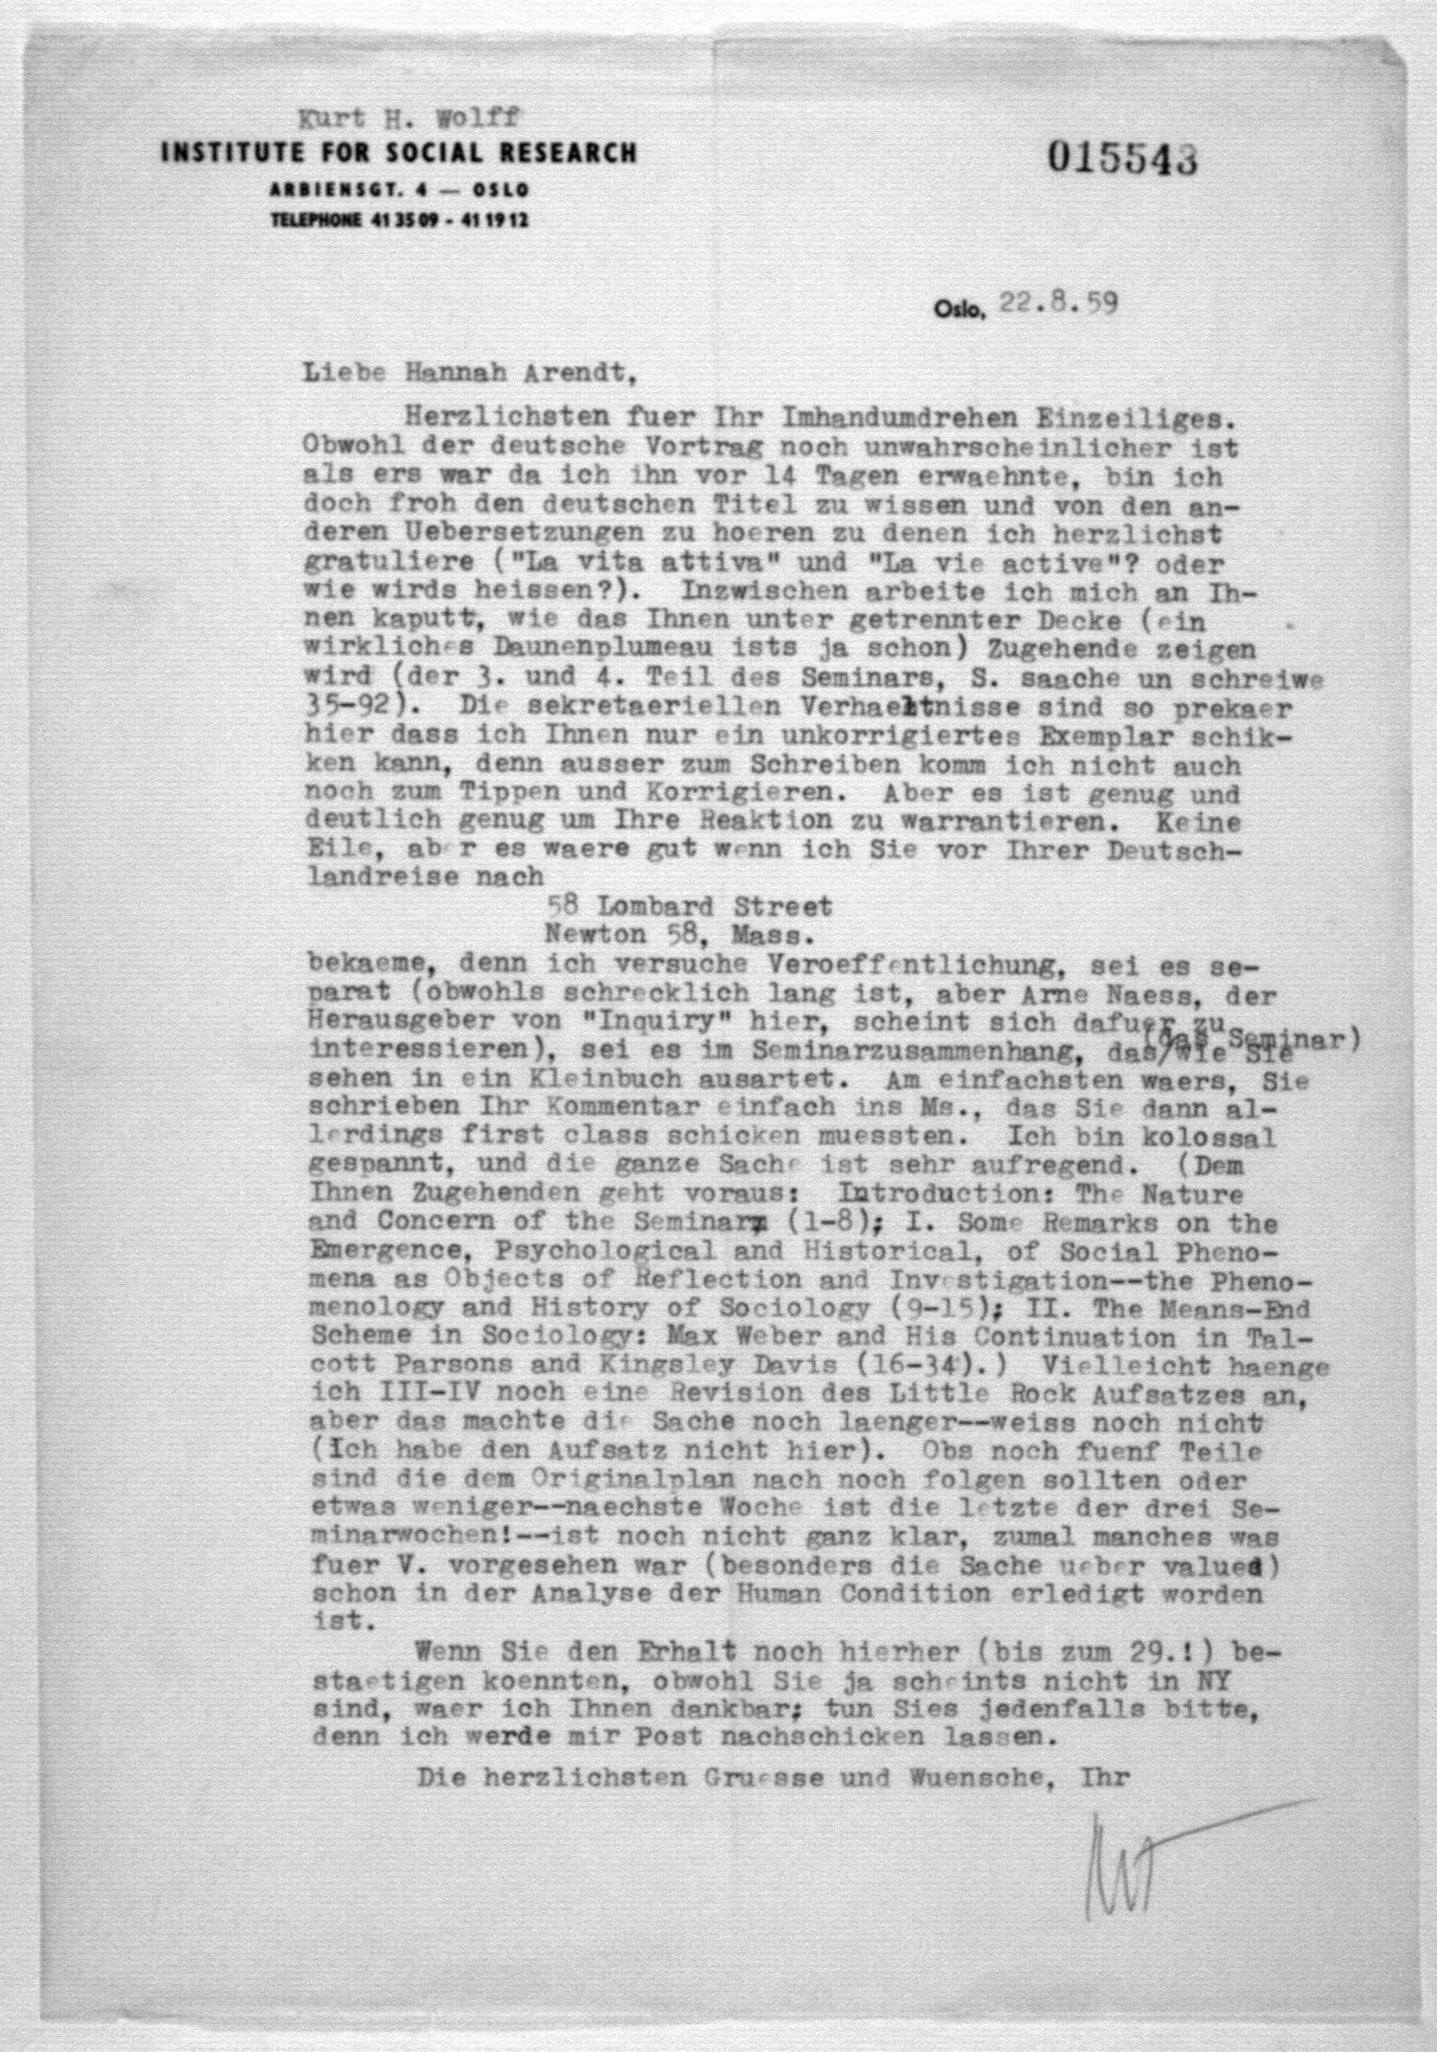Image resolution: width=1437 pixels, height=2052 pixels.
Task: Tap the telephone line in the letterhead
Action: click(398, 220)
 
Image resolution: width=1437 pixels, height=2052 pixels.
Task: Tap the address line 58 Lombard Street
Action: click(692, 906)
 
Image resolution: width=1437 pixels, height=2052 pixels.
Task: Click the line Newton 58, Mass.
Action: click(679, 935)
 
